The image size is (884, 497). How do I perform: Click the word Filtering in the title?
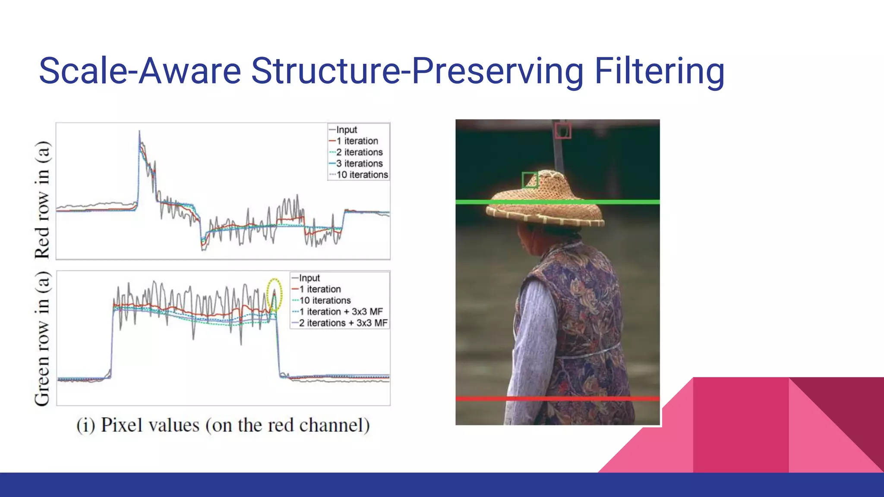pyautogui.click(x=659, y=71)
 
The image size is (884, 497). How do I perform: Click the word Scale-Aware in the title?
pyautogui.click(x=139, y=71)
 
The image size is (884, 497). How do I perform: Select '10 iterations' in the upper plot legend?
pyautogui.click(x=362, y=175)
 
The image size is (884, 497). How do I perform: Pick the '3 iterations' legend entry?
pyautogui.click(x=359, y=164)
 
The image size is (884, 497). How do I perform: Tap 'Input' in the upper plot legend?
pyautogui.click(x=346, y=130)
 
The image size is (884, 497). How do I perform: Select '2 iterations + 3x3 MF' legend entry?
pyautogui.click(x=343, y=323)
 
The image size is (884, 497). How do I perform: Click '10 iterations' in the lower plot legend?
pyautogui.click(x=325, y=300)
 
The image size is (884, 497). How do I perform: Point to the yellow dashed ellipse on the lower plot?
pyautogui.click(x=274, y=295)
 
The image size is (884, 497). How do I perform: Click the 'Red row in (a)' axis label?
pyautogui.click(x=42, y=199)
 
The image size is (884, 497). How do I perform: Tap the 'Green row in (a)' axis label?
pyautogui.click(x=42, y=339)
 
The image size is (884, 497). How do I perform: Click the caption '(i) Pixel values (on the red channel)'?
pyautogui.click(x=223, y=425)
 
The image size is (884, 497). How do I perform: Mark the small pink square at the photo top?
pyautogui.click(x=563, y=130)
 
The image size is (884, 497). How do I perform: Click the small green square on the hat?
pyautogui.click(x=530, y=180)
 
